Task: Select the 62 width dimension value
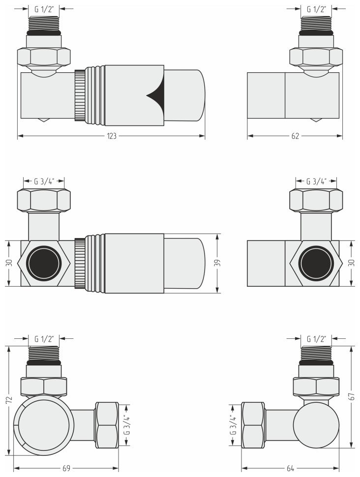tap(295, 136)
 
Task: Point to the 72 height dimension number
tap(8, 401)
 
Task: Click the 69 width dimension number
tap(66, 469)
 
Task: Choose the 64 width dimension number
tap(290, 469)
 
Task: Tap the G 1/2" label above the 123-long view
tap(44, 9)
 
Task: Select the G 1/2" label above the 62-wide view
tap(316, 9)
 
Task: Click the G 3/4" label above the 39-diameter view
tap(44, 181)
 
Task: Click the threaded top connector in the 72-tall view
tap(44, 354)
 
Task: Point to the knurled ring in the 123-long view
tap(79, 95)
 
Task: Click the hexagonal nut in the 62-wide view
tap(316, 57)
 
